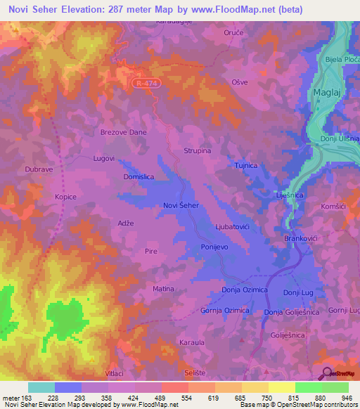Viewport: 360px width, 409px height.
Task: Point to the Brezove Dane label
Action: tap(123, 131)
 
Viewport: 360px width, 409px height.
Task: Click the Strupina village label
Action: tap(198, 150)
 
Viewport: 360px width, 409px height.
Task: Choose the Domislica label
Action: tap(139, 178)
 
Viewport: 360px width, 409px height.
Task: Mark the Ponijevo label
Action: tap(216, 247)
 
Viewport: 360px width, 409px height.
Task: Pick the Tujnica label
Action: tap(246, 165)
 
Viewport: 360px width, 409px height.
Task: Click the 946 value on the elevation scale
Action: tap(347, 398)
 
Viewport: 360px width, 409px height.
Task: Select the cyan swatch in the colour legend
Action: tap(41, 387)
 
